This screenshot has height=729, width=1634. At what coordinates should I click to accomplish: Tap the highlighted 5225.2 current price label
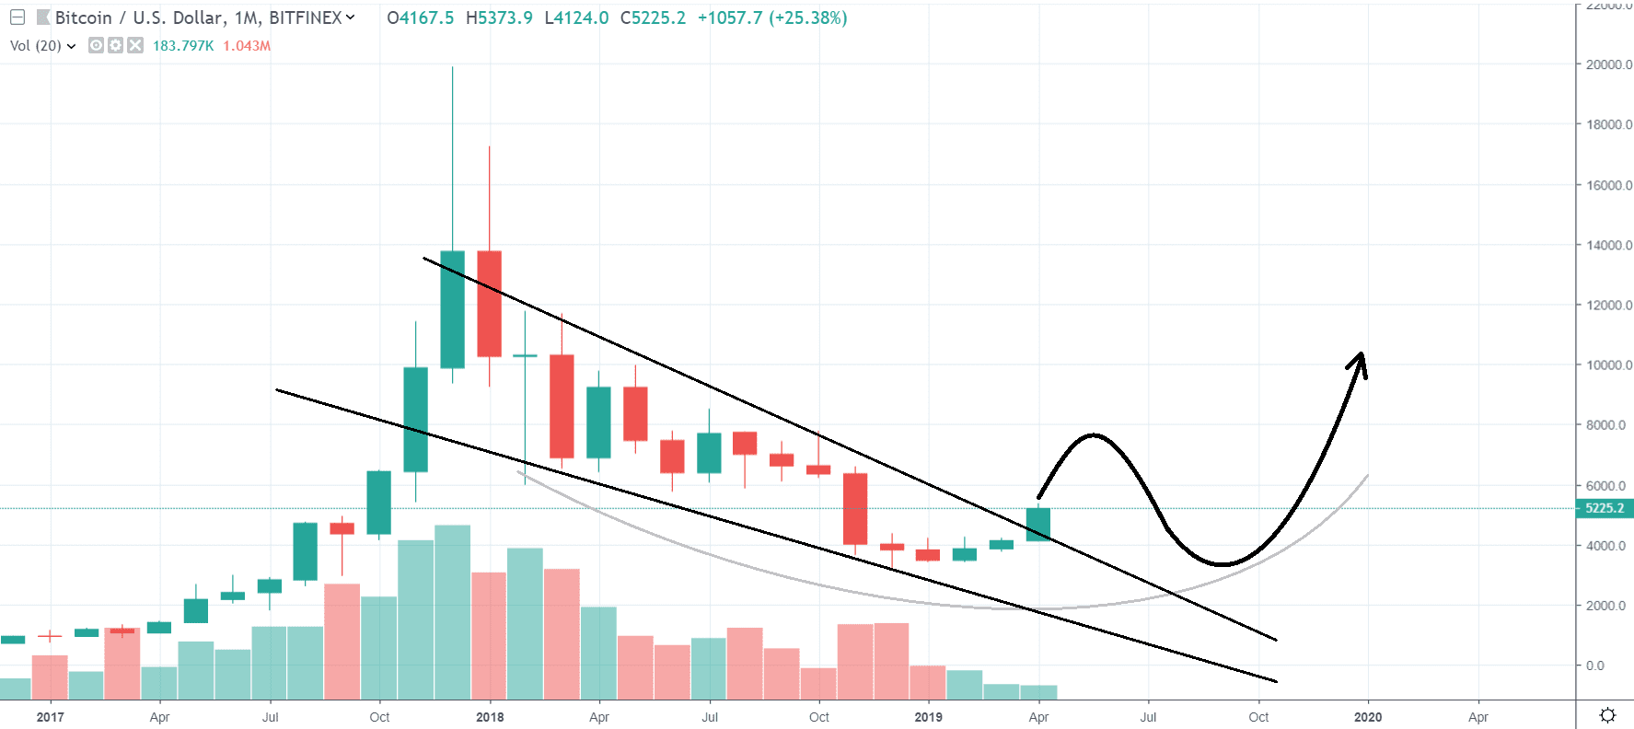point(1604,508)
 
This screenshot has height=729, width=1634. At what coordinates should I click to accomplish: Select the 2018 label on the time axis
point(490,717)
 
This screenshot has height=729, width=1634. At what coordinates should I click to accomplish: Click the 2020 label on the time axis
point(1367,717)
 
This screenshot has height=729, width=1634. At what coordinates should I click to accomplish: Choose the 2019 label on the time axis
point(928,717)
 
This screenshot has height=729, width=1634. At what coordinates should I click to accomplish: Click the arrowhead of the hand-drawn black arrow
point(1361,359)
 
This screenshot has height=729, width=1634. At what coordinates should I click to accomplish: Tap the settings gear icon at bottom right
point(1607,715)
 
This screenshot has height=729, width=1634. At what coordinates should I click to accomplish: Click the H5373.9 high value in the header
point(499,17)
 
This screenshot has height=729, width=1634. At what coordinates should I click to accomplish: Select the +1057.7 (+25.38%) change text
point(771,17)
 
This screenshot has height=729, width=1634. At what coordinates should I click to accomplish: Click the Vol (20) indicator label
point(36,45)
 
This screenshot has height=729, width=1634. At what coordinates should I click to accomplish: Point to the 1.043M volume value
point(247,45)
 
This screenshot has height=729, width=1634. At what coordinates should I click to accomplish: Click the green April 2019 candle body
point(1038,525)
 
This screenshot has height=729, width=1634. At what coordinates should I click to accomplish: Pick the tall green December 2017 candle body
point(452,309)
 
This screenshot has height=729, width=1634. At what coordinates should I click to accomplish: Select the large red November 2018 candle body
point(855,508)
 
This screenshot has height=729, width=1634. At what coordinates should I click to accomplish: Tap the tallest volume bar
point(452,612)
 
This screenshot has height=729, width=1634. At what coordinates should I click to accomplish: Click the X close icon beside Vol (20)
point(135,45)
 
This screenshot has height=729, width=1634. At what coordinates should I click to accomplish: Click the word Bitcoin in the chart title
point(83,17)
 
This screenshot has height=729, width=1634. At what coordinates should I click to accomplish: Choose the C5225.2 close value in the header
point(653,17)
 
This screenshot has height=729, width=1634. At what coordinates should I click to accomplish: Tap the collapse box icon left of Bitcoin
point(17,17)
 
